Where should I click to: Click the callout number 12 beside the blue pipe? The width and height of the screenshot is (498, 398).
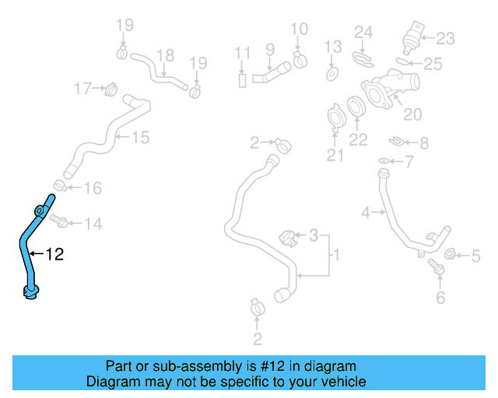coord(55,253)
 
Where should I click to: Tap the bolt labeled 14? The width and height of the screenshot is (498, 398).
coord(60,222)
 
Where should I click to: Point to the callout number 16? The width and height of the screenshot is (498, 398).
coord(92,187)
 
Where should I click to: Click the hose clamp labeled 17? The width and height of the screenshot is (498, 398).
coord(110,89)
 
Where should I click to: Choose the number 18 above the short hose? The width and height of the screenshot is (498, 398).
coord(165,55)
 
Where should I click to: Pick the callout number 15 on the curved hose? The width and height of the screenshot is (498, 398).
coord(139,138)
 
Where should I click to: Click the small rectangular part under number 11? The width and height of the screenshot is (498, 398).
coord(242,79)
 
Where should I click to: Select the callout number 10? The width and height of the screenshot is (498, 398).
coord(300,30)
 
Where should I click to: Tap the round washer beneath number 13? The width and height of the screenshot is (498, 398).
coord(332,75)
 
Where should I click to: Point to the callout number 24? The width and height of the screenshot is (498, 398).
coord(364,32)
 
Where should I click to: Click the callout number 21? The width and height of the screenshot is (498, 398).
coord(335,155)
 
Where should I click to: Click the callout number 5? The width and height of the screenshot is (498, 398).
coord(476,255)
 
